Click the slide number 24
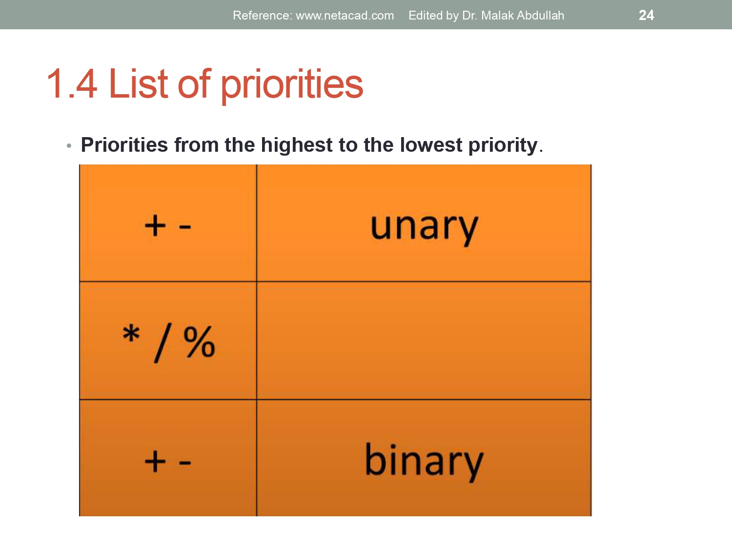(x=646, y=15)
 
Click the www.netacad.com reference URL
(x=345, y=16)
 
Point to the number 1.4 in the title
(x=72, y=84)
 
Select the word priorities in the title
(x=292, y=85)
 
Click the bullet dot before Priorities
(x=69, y=146)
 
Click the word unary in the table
(x=424, y=227)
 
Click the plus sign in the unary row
(x=155, y=226)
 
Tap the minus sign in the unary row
(x=184, y=227)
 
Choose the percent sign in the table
(x=199, y=342)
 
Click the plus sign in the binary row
(x=155, y=461)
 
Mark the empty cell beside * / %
(x=424, y=341)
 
